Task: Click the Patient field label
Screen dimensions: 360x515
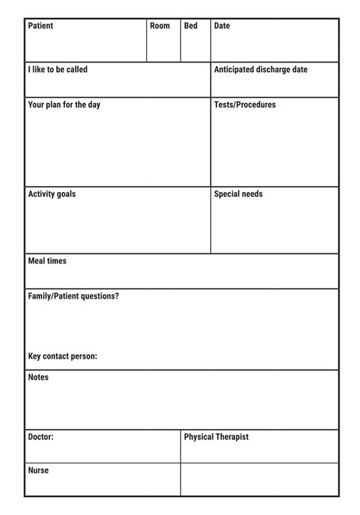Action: click(x=41, y=26)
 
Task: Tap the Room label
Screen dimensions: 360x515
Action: click(x=159, y=26)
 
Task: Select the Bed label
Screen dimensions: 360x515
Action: click(x=191, y=26)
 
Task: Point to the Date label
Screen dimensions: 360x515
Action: click(x=222, y=26)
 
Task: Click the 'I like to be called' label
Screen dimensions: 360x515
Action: click(x=58, y=70)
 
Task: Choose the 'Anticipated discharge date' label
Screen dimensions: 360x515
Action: click(x=260, y=70)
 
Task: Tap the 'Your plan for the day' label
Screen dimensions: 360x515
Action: click(x=64, y=105)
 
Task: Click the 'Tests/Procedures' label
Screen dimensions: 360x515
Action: click(x=244, y=105)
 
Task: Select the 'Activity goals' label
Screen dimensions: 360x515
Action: click(x=52, y=194)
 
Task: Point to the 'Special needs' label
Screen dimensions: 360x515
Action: click(x=238, y=194)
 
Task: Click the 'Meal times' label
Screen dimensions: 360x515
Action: click(x=47, y=261)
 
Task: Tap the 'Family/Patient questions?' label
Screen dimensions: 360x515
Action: click(x=73, y=296)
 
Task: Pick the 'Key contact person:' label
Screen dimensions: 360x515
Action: click(x=62, y=356)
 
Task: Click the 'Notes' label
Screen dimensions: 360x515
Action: click(x=38, y=377)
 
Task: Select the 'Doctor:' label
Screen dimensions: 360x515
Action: click(x=41, y=437)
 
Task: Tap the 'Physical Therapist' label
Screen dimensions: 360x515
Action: click(x=216, y=437)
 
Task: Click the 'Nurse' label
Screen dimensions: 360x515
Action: click(x=38, y=470)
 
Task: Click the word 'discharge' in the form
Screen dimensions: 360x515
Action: click(x=267, y=70)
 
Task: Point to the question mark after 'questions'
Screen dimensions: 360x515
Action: click(x=117, y=296)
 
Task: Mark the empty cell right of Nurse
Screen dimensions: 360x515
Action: click(x=259, y=479)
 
